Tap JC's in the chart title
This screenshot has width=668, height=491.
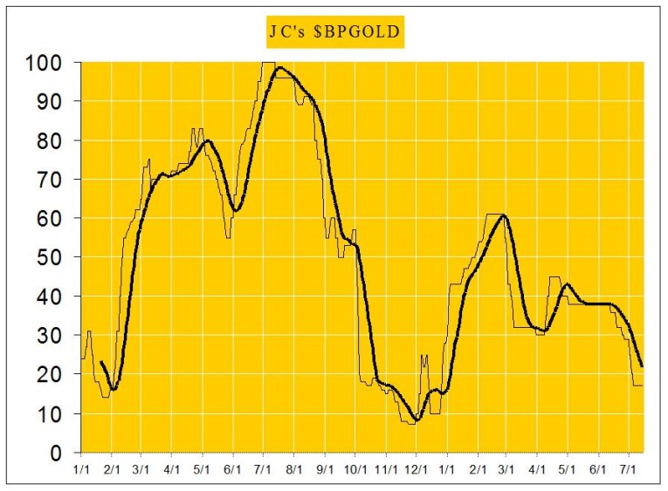(290, 33)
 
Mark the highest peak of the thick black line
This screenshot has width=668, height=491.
(279, 67)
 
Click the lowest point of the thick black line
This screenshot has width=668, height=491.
(417, 420)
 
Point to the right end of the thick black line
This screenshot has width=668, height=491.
(642, 365)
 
